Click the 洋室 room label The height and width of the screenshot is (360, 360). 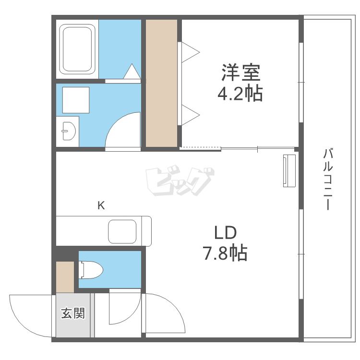[240, 72]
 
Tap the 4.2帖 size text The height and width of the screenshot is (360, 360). [240, 93]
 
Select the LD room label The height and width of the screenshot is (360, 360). [225, 233]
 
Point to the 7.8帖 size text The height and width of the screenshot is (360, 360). [225, 252]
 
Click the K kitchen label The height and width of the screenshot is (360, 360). [101, 206]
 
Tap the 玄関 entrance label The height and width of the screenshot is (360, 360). [73, 314]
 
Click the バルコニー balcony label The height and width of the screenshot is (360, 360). [328, 180]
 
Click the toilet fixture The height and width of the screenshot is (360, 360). [91, 270]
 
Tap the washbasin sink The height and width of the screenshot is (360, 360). [67, 130]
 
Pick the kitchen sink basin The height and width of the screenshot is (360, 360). [123, 231]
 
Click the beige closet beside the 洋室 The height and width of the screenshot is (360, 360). [162, 83]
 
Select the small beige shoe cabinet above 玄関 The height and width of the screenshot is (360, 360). [65, 277]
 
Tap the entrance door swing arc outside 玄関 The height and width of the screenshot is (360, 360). [29, 317]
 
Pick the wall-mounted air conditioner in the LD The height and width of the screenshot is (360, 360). [289, 170]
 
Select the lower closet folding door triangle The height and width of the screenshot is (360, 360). [190, 115]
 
